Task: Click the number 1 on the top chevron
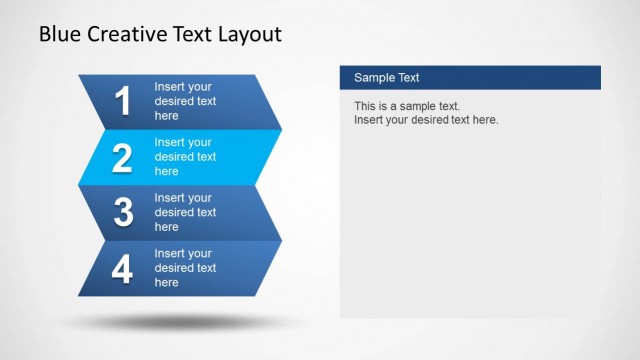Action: point(123,102)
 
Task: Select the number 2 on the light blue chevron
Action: point(123,158)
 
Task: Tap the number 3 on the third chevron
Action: point(123,213)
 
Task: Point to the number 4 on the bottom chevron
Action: point(123,269)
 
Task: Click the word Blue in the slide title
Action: point(59,35)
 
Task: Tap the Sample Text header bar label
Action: point(387,78)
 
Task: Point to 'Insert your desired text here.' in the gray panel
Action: point(426,120)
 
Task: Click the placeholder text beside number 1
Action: point(185,101)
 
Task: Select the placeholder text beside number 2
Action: point(185,157)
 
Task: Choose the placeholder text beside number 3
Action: point(185,212)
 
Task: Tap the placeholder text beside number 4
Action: point(185,268)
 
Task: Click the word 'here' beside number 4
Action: point(167,283)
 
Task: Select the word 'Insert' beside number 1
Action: point(170,87)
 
